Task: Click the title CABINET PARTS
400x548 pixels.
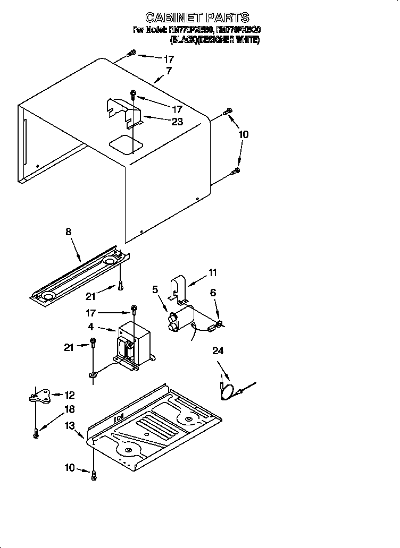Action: (197, 18)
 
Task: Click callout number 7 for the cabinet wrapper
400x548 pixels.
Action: (169, 71)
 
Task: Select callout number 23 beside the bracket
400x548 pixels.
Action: (177, 122)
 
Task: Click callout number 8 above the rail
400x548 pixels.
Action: (68, 232)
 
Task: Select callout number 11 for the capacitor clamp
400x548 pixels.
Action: (213, 273)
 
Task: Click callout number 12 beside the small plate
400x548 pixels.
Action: (70, 395)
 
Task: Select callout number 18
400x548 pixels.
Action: (69, 409)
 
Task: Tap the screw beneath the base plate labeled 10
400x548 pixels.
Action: (94, 475)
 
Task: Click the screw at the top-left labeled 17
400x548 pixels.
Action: (132, 53)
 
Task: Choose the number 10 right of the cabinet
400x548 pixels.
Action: (243, 135)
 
